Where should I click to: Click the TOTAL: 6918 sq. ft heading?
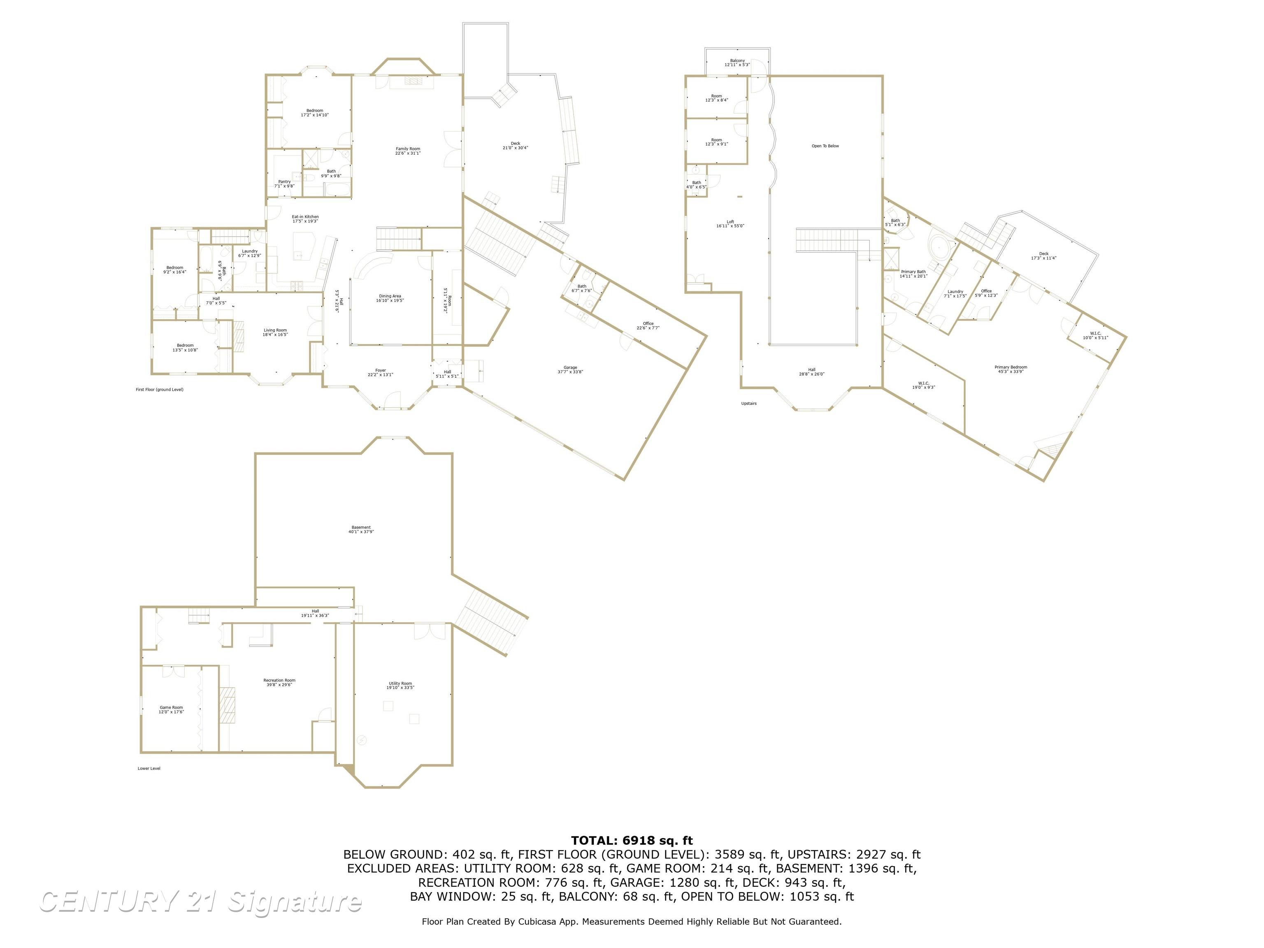click(632, 841)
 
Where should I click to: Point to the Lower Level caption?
click(149, 769)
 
